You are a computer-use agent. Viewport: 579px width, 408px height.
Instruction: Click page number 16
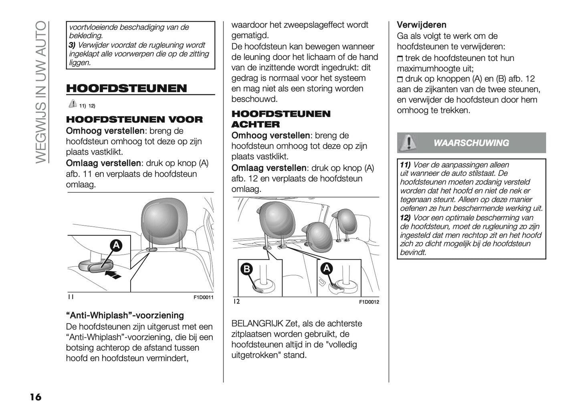click(35, 397)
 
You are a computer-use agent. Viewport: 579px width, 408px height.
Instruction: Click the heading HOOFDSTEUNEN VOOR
click(134, 119)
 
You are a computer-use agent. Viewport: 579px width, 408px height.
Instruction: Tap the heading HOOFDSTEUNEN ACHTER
click(281, 119)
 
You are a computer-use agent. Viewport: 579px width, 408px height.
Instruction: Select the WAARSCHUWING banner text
click(471, 143)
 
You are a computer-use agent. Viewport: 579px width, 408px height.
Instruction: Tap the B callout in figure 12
click(245, 269)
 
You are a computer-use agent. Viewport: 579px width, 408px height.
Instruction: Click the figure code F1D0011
click(204, 298)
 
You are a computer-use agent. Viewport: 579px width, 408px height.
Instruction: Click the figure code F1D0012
click(369, 302)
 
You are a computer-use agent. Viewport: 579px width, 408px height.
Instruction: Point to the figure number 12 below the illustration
click(236, 301)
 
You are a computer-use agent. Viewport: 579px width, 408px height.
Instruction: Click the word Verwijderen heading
click(422, 25)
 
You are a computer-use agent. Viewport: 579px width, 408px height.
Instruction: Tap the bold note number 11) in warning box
click(406, 165)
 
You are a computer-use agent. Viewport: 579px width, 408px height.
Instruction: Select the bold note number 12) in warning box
click(406, 218)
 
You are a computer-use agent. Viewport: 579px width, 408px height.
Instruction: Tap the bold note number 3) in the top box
click(72, 45)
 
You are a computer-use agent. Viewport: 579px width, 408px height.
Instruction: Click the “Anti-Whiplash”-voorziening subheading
click(125, 315)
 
